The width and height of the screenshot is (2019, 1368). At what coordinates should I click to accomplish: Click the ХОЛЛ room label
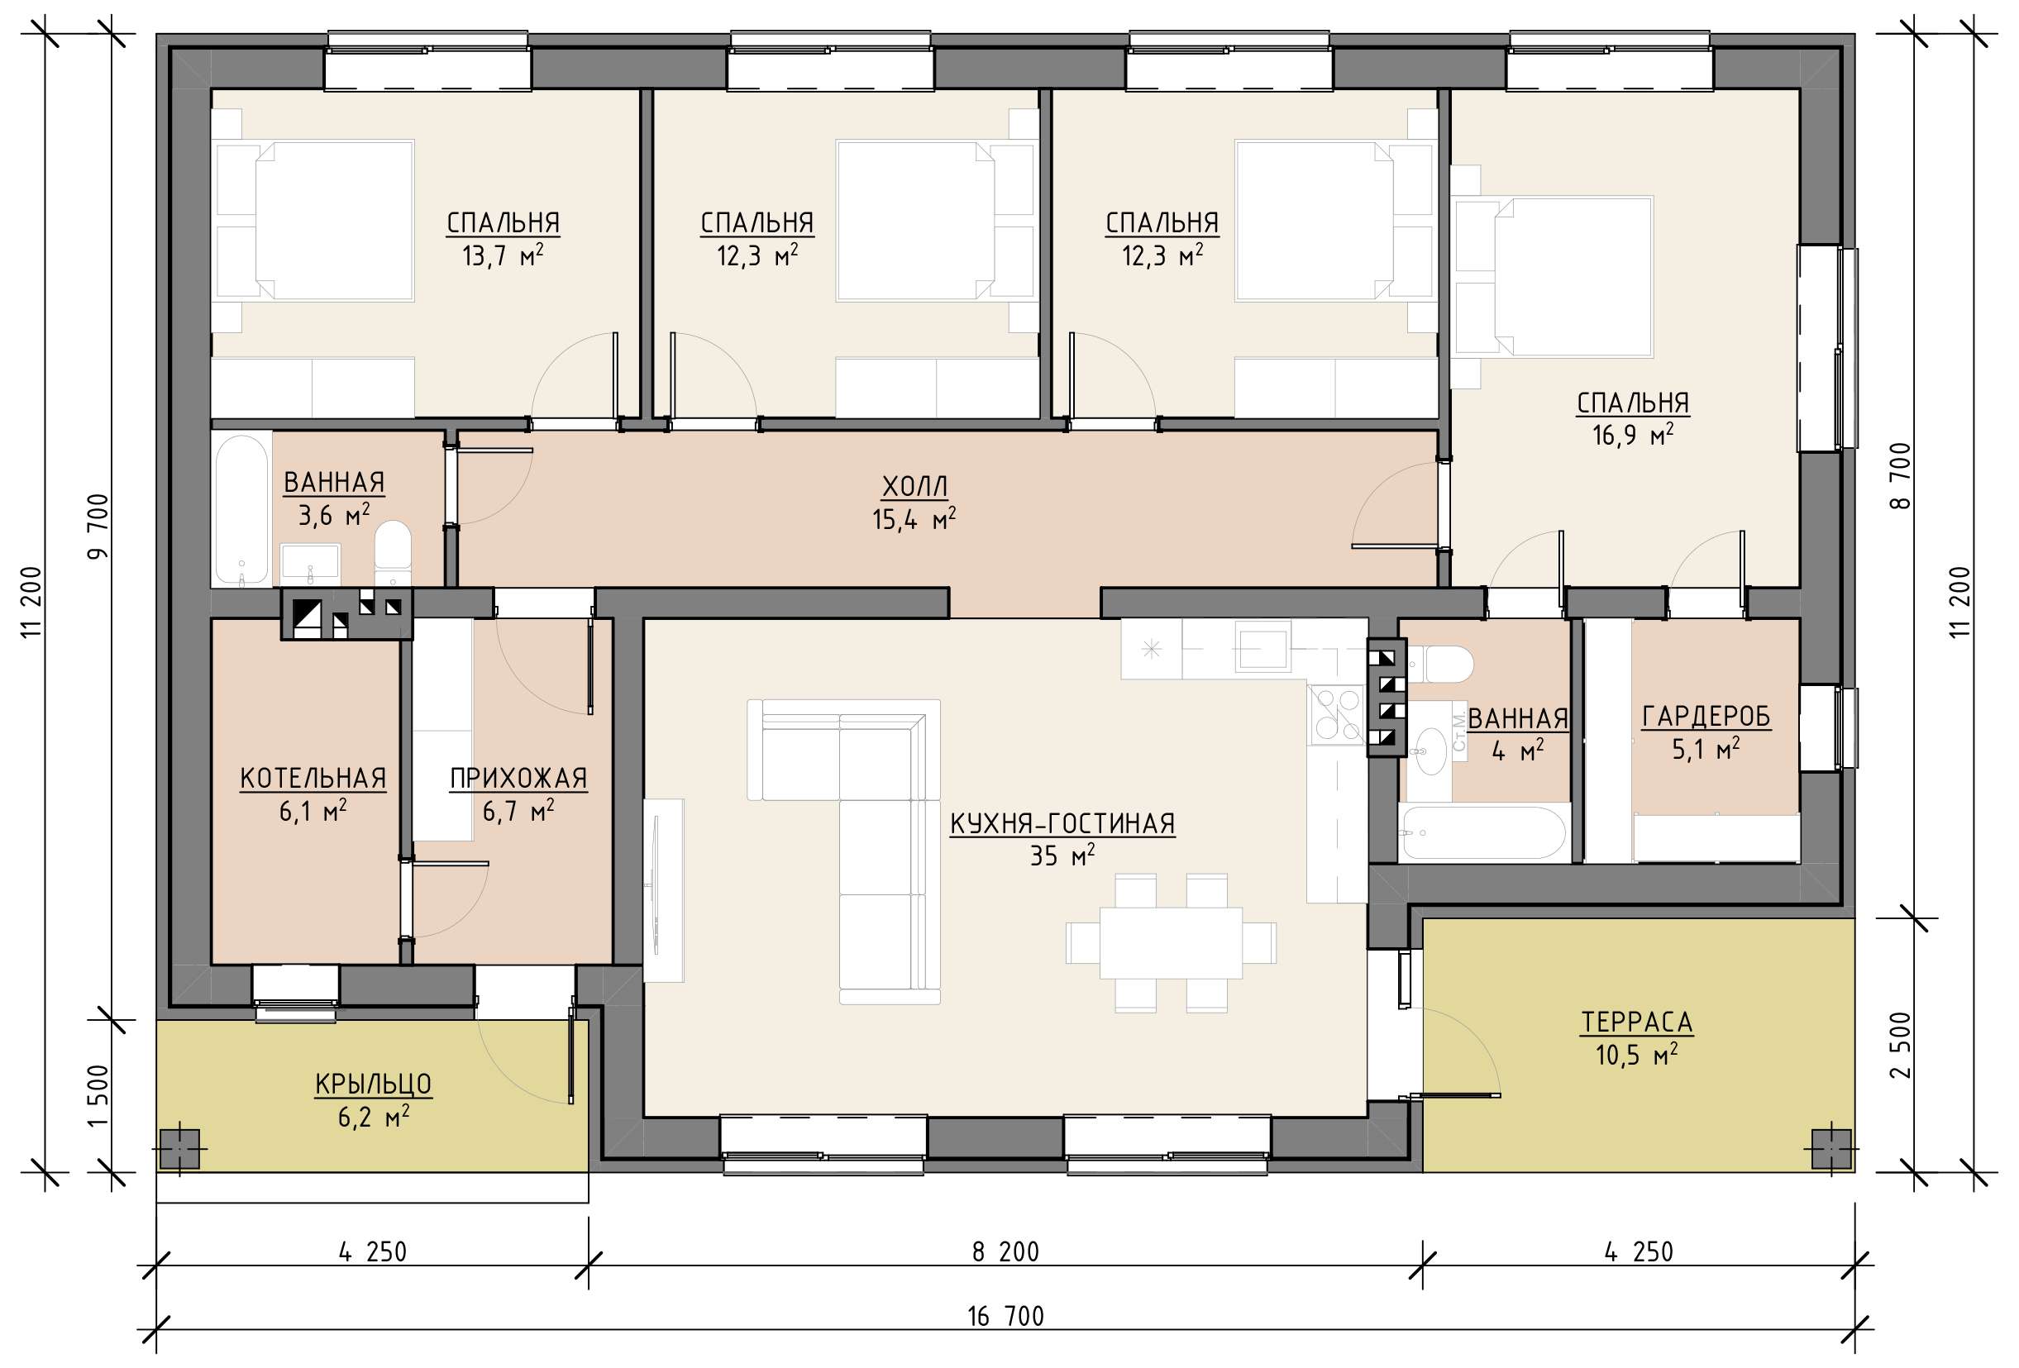click(x=914, y=486)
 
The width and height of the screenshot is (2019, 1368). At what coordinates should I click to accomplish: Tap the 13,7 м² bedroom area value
click(x=503, y=256)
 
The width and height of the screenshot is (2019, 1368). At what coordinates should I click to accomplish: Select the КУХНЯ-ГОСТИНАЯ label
click(x=1062, y=823)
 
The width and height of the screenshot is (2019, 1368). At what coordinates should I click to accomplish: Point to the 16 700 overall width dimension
click(x=1006, y=1317)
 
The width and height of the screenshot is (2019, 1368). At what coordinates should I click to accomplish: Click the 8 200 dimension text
click(x=1006, y=1251)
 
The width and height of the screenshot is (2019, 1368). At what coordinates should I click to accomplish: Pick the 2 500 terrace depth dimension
click(x=1901, y=1045)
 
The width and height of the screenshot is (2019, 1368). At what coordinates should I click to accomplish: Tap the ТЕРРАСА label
click(x=1637, y=1022)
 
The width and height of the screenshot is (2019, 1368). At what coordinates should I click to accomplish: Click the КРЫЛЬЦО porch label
click(x=374, y=1084)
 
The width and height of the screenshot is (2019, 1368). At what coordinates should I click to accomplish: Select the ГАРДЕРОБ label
click(x=1706, y=717)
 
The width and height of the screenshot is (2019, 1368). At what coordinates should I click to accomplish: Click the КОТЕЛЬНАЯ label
click(x=313, y=779)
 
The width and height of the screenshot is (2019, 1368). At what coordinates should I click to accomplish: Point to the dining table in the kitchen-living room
click(x=1171, y=943)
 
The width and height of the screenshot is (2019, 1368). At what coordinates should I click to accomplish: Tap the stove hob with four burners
click(x=1336, y=714)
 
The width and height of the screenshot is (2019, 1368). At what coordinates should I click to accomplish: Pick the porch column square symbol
click(x=180, y=1148)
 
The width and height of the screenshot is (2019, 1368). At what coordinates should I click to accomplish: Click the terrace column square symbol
click(x=1831, y=1148)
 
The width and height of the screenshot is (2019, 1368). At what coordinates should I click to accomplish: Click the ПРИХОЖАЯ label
click(x=518, y=779)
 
